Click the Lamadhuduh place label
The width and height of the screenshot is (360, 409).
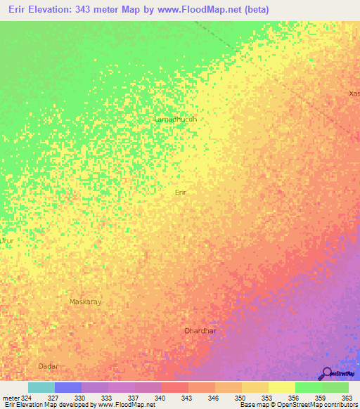pyautogui.click(x=175, y=119)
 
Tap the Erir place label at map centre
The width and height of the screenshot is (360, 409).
pyautogui.click(x=181, y=191)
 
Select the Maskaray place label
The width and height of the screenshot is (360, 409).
pyautogui.click(x=86, y=301)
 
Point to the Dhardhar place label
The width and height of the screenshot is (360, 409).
pyautogui.click(x=200, y=330)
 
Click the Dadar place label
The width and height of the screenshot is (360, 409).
pyautogui.click(x=48, y=366)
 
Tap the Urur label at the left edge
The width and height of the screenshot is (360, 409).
pyautogui.click(x=6, y=240)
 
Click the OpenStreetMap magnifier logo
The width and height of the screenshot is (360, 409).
pyautogui.click(x=326, y=373)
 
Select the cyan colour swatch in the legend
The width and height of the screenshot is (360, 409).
pyautogui.click(x=41, y=387)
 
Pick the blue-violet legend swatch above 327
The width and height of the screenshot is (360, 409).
pyautogui.click(x=68, y=387)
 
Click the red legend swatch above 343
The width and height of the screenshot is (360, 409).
pyautogui.click(x=175, y=387)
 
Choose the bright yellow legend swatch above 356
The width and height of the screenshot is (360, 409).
pyautogui.click(x=282, y=387)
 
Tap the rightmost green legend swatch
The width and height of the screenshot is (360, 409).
pyautogui.click(x=335, y=387)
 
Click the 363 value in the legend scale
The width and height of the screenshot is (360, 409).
pyautogui.click(x=347, y=397)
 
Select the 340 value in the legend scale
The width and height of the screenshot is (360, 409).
pyautogui.click(x=160, y=397)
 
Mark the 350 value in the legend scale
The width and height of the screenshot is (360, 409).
pyautogui.click(x=240, y=397)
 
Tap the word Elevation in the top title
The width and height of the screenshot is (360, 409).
pyautogui.click(x=58, y=11)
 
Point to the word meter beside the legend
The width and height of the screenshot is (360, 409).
pyautogui.click(x=9, y=397)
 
